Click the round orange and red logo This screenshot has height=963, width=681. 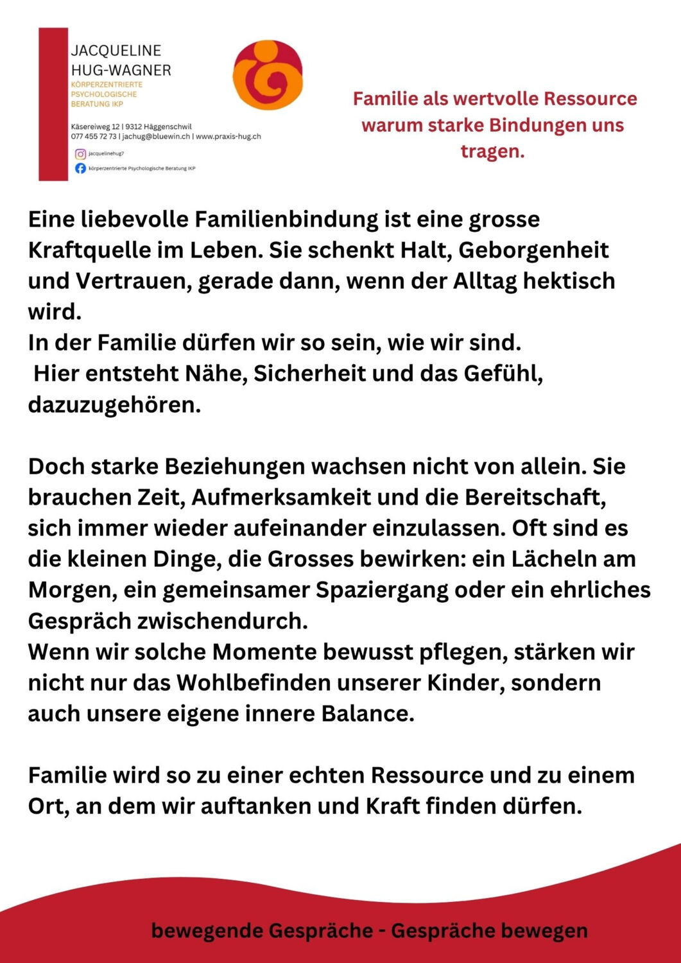coord(268,76)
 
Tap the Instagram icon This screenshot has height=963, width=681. coord(80,154)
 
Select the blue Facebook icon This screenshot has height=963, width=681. coord(80,168)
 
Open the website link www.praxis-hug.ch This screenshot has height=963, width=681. coord(228,137)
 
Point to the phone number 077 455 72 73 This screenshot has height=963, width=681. coord(94,137)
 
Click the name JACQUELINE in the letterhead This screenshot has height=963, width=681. coord(116,51)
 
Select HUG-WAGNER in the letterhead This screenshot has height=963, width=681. coord(121,69)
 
